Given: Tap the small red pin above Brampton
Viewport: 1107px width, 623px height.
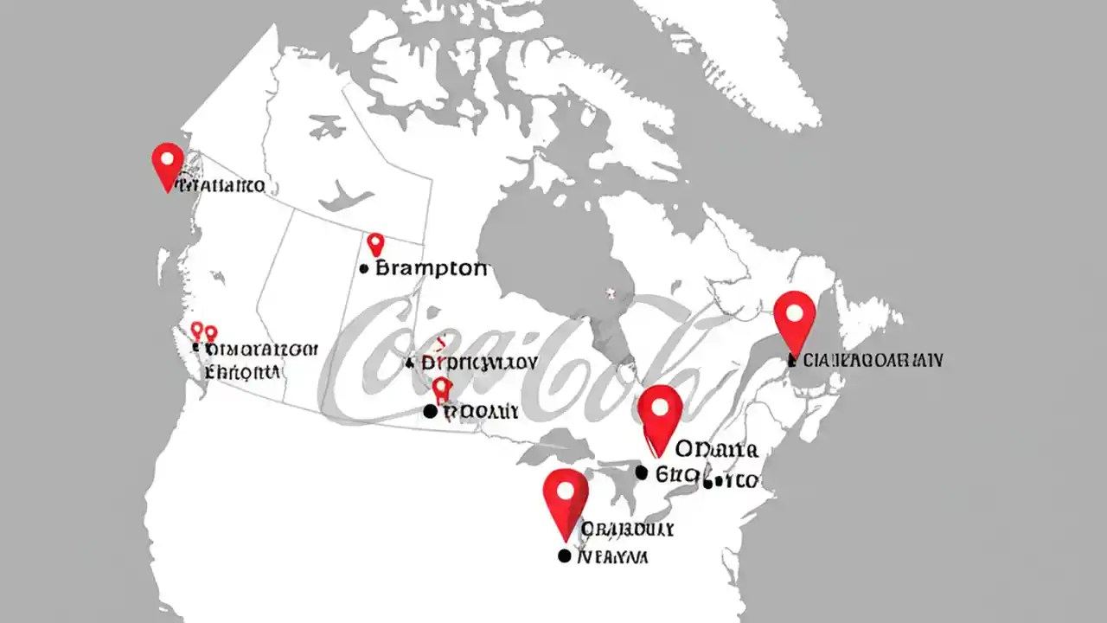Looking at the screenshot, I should pos(375,243).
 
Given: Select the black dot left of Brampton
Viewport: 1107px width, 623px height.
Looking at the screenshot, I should pos(364,270).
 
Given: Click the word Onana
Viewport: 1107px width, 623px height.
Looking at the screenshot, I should pos(716,450).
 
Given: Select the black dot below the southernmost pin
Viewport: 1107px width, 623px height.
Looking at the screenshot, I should pos(565,556).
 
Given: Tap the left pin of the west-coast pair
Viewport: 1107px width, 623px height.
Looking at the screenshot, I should pos(197,330).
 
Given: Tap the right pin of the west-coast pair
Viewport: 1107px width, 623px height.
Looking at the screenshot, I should pos(210,333).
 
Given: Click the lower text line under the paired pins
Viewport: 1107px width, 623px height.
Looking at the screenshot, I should pos(242,373).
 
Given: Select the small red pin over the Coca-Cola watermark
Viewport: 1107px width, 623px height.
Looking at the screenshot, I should pos(442,389).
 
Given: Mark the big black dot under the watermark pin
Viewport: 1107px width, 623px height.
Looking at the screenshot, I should pos(431,412).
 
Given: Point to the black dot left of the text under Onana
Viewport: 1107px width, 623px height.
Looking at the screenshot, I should pos(641,472).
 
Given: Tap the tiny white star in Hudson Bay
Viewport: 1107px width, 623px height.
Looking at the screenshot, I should pos(611,292).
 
